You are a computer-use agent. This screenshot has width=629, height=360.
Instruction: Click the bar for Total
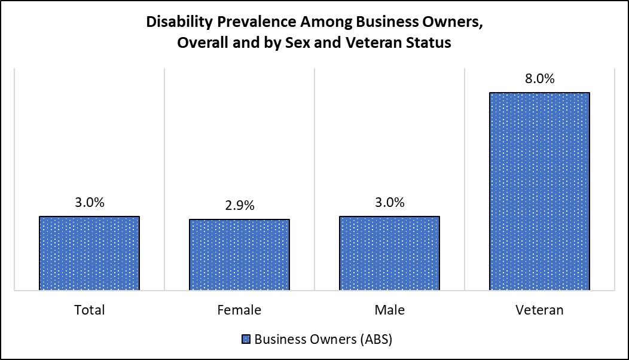89,254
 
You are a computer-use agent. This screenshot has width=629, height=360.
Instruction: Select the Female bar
239,255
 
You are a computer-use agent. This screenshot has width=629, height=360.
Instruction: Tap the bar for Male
389,254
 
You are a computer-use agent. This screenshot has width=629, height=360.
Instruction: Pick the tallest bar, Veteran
539,191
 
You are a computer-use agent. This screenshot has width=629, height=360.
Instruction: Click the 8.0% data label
539,79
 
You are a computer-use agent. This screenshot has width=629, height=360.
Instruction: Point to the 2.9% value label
239,206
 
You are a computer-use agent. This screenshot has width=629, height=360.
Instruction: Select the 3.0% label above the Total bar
89,203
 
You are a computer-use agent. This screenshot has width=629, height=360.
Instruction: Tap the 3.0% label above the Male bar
389,203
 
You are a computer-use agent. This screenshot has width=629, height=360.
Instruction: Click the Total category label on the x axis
89,310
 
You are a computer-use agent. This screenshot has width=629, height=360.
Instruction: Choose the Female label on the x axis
239,310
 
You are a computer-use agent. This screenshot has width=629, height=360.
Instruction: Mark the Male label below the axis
389,310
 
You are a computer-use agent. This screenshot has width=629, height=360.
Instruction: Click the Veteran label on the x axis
539,310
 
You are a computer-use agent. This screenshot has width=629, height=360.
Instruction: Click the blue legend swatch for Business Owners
245,340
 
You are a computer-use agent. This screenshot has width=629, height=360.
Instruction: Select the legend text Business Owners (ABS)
323,340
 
